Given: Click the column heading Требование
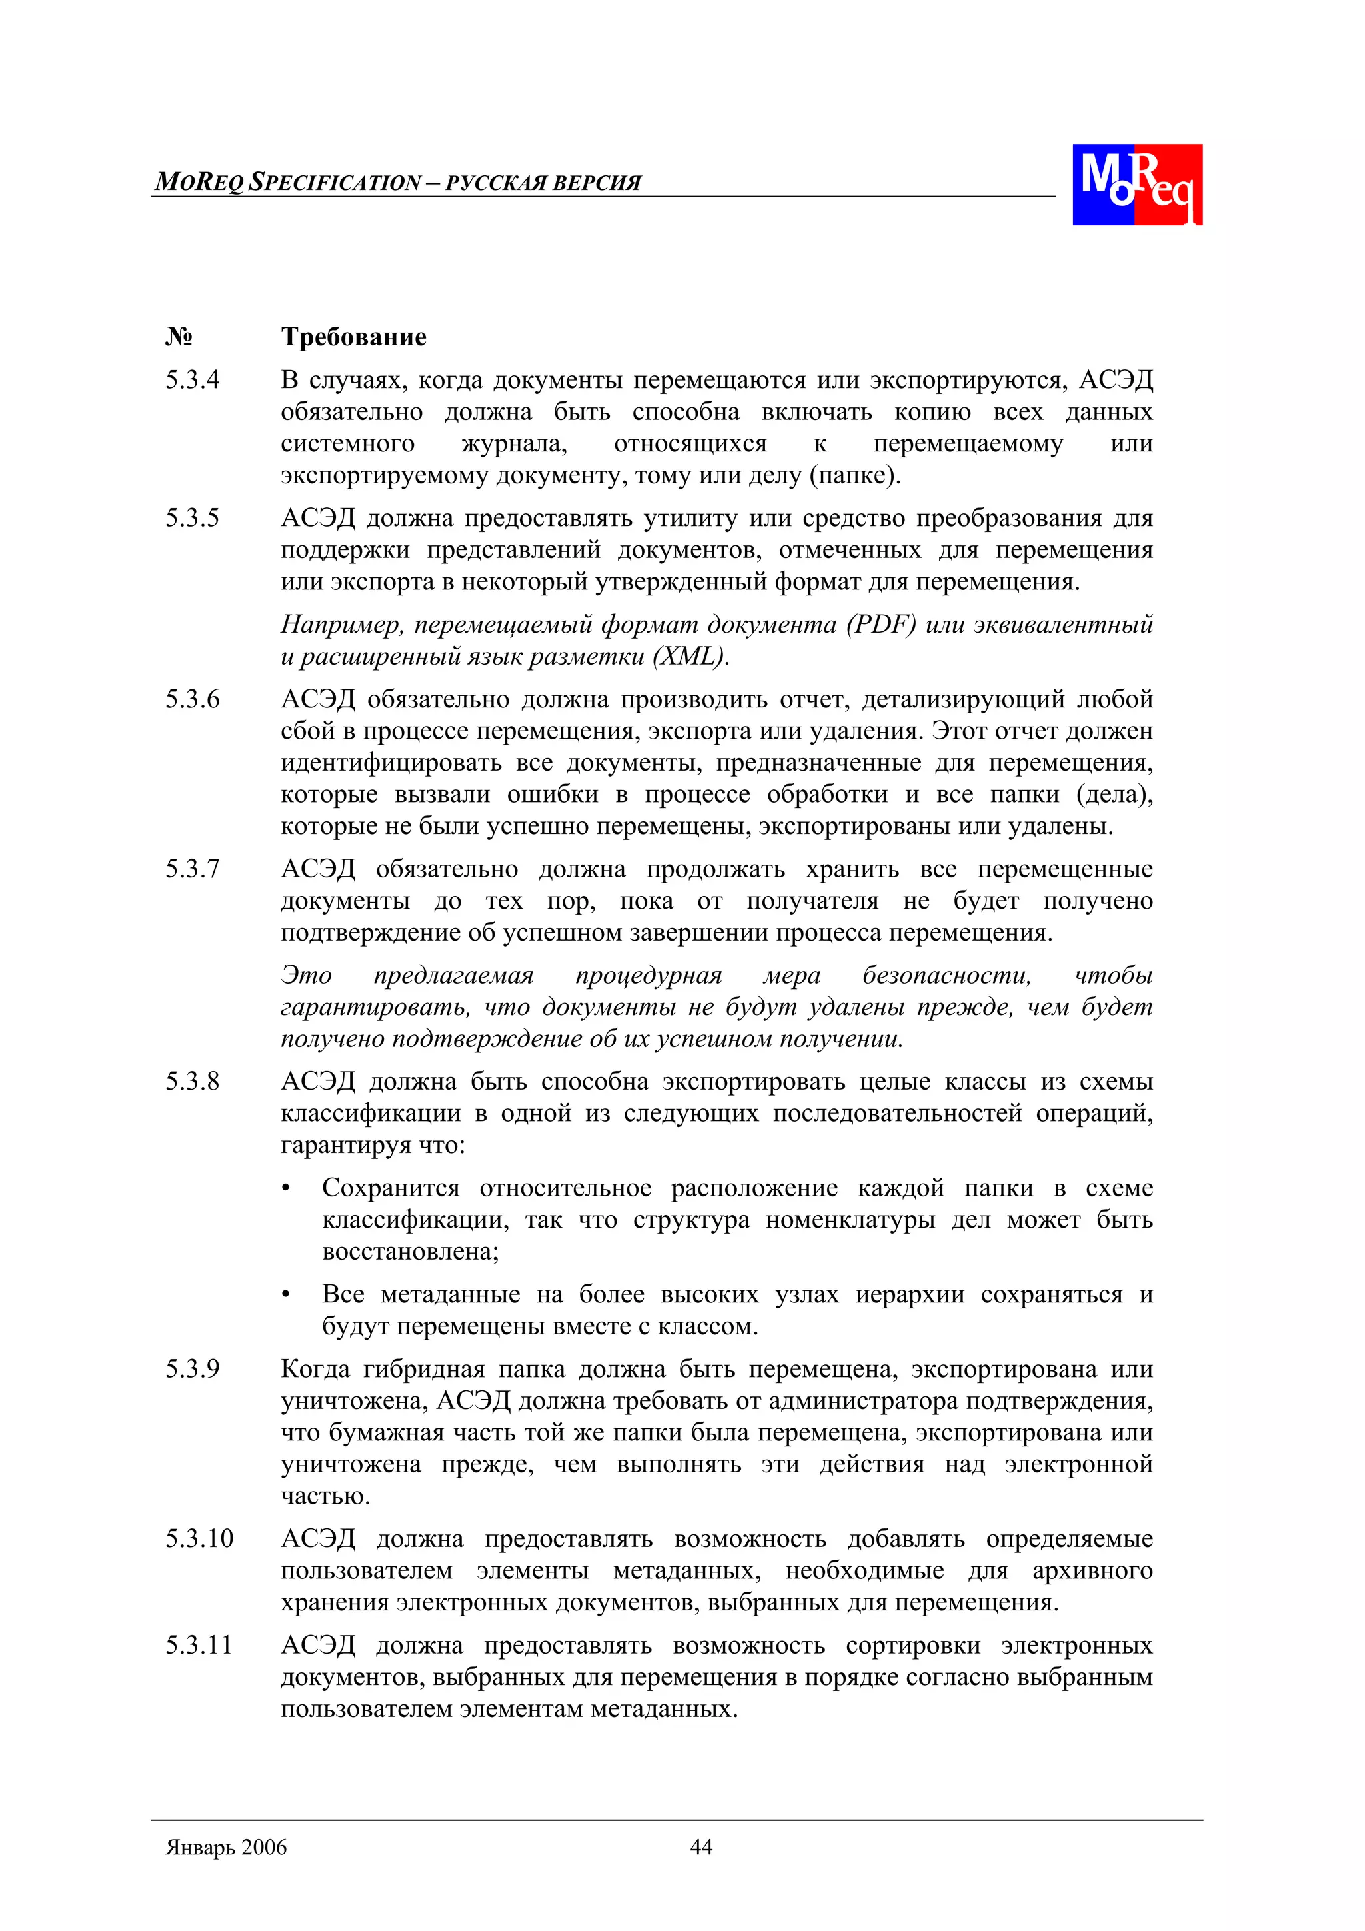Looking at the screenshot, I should (x=353, y=337).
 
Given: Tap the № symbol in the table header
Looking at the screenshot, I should (x=179, y=337).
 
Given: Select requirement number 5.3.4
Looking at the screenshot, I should (x=192, y=380).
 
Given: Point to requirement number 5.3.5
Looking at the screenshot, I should (x=192, y=518).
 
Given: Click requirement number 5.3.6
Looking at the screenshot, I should (x=192, y=699).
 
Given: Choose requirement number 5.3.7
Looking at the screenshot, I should (x=192, y=869).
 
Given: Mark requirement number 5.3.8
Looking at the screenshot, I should (x=192, y=1082).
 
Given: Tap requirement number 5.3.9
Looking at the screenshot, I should (x=192, y=1369).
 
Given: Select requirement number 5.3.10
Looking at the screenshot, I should (x=199, y=1539).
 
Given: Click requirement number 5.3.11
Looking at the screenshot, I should (x=199, y=1646).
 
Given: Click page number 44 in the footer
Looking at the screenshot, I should (x=700, y=1847).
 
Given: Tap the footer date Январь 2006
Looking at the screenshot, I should (x=226, y=1847).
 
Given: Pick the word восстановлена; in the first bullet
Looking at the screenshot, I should (x=411, y=1252).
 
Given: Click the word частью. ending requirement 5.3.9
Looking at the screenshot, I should (x=325, y=1497).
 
